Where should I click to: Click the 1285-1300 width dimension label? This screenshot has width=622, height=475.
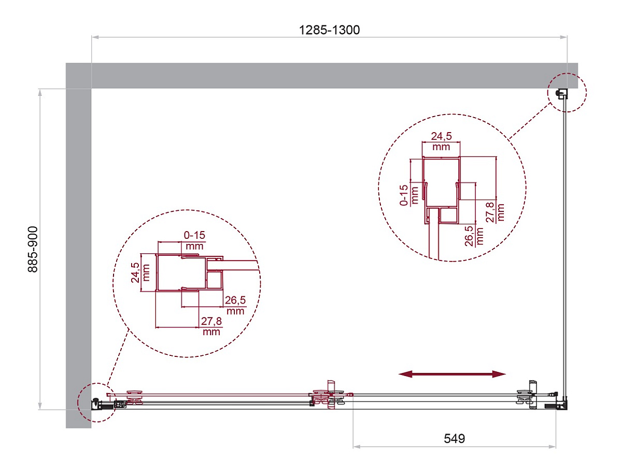(x=329, y=30)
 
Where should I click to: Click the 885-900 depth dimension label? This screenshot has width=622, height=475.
(x=33, y=249)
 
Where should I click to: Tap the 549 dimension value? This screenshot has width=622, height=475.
(x=454, y=438)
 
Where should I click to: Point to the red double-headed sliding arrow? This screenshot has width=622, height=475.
(x=452, y=374)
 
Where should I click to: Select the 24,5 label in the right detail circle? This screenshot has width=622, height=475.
(x=441, y=136)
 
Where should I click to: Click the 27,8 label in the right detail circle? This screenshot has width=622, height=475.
(x=490, y=212)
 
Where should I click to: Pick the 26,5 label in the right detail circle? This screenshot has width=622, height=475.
(x=469, y=236)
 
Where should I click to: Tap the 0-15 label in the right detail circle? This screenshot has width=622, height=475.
(x=404, y=195)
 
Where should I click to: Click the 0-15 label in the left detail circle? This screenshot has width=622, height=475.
(x=194, y=235)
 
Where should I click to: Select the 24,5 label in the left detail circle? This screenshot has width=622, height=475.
(x=135, y=272)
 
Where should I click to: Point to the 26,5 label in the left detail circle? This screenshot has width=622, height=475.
(x=235, y=300)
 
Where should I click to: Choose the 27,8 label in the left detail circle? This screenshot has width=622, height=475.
(x=211, y=321)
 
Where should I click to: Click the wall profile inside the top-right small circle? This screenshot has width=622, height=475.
(x=562, y=94)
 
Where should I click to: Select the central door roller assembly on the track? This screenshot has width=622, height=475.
(x=330, y=395)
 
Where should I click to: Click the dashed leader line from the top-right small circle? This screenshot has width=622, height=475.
(x=530, y=121)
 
